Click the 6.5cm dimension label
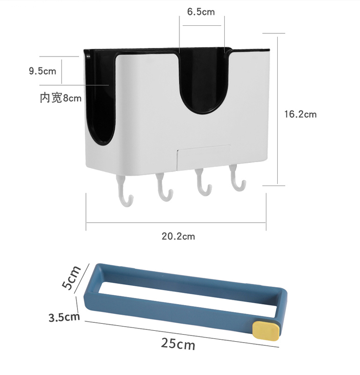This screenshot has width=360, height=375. [x=201, y=12]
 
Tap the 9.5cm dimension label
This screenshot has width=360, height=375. [x=43, y=71]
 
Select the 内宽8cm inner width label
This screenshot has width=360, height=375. [x=61, y=98]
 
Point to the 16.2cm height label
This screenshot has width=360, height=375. [x=300, y=114]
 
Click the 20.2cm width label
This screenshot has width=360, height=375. [x=179, y=236]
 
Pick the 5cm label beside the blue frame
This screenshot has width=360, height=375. [x=71, y=278]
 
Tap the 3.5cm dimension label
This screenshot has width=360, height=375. [x=64, y=317]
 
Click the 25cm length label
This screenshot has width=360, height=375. [x=178, y=344]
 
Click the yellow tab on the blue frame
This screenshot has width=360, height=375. [x=266, y=330]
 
